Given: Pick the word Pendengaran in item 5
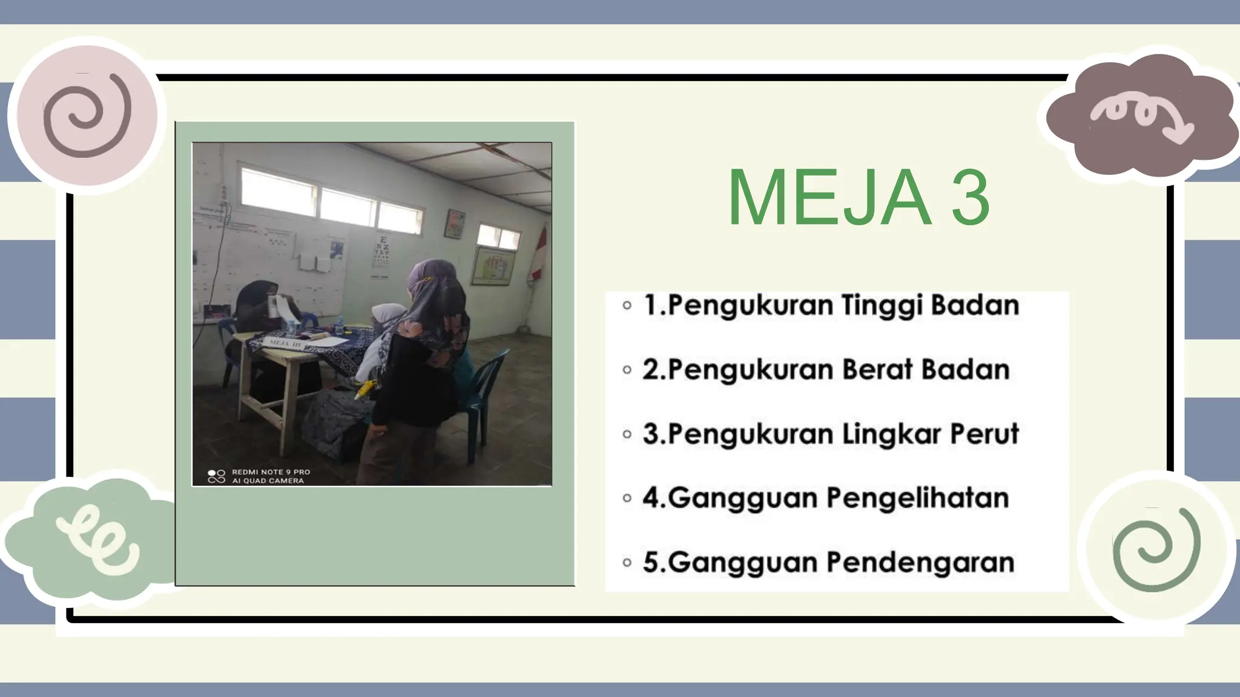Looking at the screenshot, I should click(x=920, y=563).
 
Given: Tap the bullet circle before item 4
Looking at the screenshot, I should click(x=627, y=499).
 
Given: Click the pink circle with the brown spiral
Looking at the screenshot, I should click(x=87, y=115).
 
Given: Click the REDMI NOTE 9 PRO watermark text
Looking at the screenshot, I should click(x=271, y=472).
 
